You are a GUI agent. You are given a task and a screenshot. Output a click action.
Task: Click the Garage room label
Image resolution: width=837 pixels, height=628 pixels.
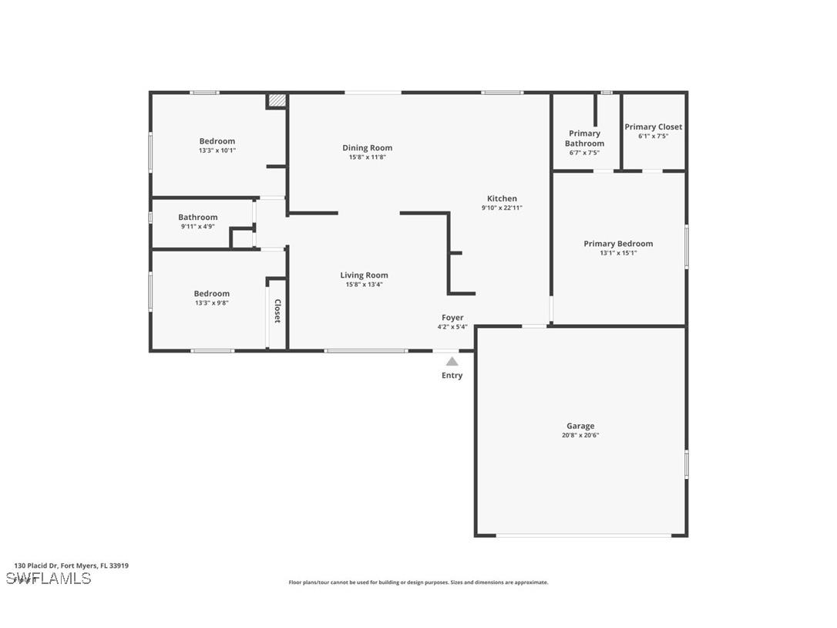[x=580, y=426]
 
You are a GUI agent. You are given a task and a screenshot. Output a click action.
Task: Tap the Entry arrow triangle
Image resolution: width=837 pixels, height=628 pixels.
[x=452, y=361]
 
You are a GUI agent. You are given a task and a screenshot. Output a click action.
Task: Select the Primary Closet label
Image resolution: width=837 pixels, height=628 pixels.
[x=653, y=127]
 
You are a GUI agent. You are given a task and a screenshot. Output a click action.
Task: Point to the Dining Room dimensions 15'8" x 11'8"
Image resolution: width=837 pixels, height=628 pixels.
[x=367, y=157]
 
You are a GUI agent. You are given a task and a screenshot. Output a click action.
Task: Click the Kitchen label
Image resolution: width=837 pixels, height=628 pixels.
[x=502, y=198]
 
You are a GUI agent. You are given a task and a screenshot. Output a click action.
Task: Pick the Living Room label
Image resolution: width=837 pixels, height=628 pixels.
[x=364, y=275]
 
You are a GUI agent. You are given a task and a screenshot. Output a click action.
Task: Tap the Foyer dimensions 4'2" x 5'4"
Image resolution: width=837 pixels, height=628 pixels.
[x=452, y=327]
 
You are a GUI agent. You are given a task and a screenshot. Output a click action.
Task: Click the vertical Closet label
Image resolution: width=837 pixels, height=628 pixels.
[x=277, y=311]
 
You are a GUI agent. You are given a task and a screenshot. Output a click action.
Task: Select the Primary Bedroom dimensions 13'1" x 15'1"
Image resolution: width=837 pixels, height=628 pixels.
[x=618, y=253]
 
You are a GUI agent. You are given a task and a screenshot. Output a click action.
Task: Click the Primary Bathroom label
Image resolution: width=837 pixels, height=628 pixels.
[x=584, y=138]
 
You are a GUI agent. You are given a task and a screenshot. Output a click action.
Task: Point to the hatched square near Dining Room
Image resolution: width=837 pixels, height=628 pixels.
[x=277, y=100]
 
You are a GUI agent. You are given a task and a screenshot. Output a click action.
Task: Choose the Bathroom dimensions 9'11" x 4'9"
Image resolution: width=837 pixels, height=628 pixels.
[x=197, y=227]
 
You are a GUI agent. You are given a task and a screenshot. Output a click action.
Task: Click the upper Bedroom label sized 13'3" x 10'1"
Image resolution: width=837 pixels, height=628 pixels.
[x=217, y=141]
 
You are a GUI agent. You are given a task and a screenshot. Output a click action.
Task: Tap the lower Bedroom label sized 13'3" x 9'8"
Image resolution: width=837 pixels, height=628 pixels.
[x=211, y=293]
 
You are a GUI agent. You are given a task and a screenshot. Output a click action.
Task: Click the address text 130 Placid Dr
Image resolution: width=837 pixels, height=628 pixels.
[x=71, y=566]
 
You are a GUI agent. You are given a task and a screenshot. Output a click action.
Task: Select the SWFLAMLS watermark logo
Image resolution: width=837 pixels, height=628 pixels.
[x=49, y=578]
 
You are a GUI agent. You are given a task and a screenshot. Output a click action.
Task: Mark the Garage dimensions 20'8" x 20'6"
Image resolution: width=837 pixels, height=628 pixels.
[x=580, y=435]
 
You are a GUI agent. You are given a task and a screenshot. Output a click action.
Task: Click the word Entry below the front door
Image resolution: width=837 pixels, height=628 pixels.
[x=452, y=376]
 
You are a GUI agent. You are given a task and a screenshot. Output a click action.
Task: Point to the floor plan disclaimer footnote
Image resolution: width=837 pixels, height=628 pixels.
[x=418, y=582]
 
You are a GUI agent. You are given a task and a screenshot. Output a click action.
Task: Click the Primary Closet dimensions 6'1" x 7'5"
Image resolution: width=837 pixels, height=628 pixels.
[x=653, y=137]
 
